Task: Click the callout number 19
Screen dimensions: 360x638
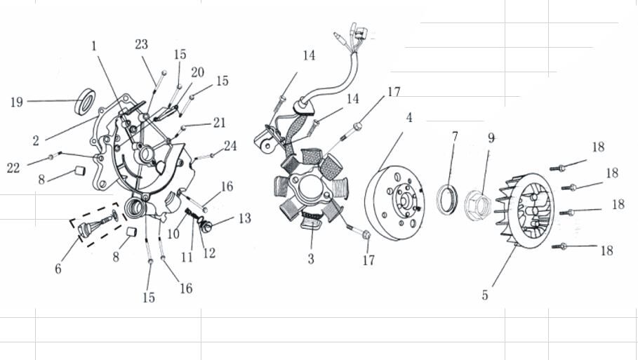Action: [x=16, y=102]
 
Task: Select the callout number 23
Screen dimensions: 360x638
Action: [x=142, y=44]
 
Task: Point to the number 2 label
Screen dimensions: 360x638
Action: [x=35, y=140]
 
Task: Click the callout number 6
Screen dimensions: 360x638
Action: [x=58, y=268]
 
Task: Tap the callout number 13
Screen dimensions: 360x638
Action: [x=244, y=219]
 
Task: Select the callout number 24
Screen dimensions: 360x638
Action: [x=230, y=146]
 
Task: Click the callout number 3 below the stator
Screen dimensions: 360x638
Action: [x=310, y=259]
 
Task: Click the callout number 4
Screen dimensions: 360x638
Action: [x=408, y=117]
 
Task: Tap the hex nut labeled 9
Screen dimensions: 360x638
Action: [x=479, y=204]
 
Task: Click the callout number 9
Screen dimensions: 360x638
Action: [x=491, y=138]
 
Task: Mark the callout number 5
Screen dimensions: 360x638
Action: [x=485, y=295]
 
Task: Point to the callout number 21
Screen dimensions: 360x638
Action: [x=219, y=123]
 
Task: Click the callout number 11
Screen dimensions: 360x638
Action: [x=187, y=257]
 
